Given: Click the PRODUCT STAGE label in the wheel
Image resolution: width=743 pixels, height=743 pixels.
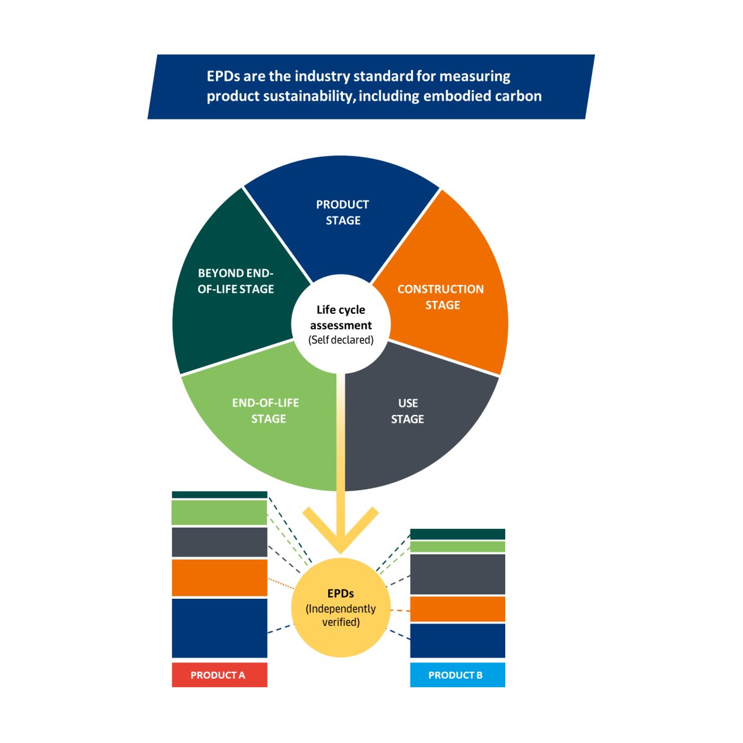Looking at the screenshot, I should coord(342,212).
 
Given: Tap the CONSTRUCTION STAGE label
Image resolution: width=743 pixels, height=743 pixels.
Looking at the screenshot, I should coord(441,297).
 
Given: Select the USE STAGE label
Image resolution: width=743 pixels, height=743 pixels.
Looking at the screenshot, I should coord(407,411).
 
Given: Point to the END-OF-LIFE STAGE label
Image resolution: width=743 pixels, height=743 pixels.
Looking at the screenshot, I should coord(266,411).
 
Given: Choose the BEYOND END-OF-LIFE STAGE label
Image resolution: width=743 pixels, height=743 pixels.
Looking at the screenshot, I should coord(236,281).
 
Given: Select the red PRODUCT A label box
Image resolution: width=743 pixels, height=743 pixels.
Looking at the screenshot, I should coord(219,675).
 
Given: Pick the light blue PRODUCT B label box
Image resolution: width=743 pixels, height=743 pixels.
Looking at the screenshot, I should coord(458,675).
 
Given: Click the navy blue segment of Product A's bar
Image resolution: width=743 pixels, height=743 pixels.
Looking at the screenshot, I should coord(219,628).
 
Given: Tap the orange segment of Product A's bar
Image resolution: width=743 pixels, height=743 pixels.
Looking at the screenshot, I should coord(219,578).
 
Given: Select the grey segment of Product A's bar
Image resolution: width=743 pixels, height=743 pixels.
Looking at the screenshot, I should coord(219,542).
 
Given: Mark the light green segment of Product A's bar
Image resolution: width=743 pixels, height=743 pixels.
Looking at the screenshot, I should coord(219,513).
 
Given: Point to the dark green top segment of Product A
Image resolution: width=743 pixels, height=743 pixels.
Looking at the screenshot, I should coord(219,495).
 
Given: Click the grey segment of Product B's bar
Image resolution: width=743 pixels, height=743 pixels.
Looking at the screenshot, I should coord(458,574).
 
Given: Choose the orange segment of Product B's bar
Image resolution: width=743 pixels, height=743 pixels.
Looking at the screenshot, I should coord(458,609).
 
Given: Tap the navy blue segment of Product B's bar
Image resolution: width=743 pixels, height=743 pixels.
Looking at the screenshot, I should coord(458,640).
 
